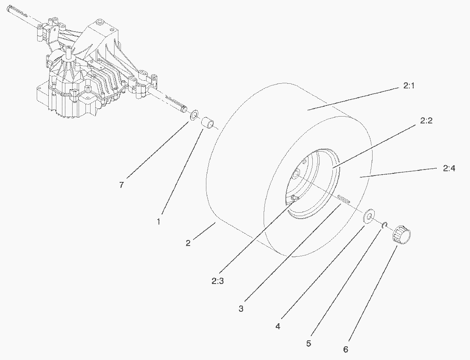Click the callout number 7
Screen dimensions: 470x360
[121, 185]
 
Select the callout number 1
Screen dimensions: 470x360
[159, 222]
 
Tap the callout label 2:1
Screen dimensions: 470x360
[408, 86]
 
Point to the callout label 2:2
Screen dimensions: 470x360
[426, 121]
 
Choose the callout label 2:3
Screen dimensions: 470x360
[217, 281]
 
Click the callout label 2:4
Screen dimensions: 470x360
[449, 169]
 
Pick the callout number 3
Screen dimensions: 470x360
[241, 308]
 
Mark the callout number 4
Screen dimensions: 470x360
[278, 326]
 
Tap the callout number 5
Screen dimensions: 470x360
[309, 343]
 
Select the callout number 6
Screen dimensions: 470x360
[346, 349]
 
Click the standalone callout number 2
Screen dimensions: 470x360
[188, 243]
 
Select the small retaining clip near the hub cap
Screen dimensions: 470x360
[385, 225]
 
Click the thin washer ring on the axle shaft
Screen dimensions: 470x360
[194, 115]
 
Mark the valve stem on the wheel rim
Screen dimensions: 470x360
[294, 198]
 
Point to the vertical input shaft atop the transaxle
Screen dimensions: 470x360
[69, 53]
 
